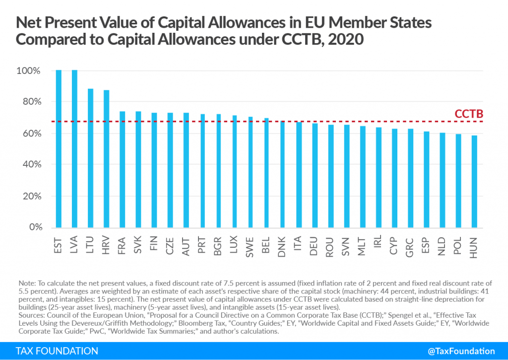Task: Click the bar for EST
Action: coord(59,149)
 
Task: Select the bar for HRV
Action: coord(106,159)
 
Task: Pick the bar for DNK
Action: coord(282,174)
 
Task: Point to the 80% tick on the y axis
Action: coord(30,102)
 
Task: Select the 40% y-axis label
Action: coord(30,165)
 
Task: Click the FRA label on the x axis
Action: coord(122,246)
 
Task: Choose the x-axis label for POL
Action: coord(459,246)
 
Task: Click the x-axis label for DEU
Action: coord(315,246)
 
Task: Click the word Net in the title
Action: coord(29,23)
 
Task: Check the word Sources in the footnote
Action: coord(29,315)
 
